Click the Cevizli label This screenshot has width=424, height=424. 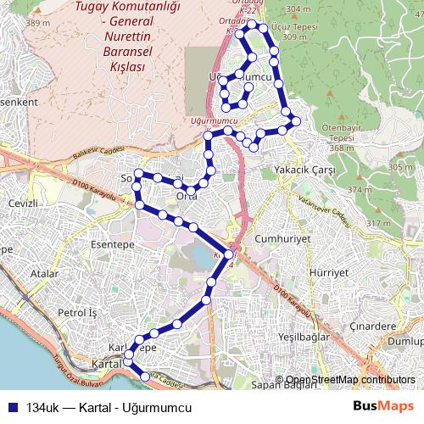point(24,204)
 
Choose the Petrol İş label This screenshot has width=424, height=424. point(78,313)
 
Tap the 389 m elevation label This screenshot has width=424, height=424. point(38,23)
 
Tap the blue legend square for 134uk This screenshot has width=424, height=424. point(10,404)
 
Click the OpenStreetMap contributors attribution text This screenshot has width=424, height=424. point(350,379)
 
